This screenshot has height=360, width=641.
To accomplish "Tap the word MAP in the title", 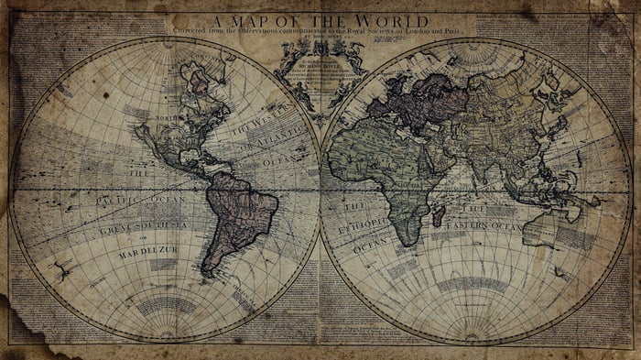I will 257,20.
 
